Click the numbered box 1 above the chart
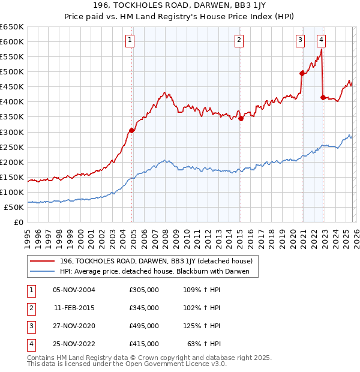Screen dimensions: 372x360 pos(130,40)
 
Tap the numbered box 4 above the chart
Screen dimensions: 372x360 pos(322,40)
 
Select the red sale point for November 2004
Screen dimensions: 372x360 pos(131,130)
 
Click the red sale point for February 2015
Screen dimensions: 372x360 pos(241,118)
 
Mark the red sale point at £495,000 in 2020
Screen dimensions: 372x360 pos(302,73)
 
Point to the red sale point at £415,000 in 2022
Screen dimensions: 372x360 pos(323,97)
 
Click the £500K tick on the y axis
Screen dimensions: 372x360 pos(13,72)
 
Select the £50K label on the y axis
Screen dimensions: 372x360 pos(14,207)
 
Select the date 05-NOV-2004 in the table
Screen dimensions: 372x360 pos(74,290)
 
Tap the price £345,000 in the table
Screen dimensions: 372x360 pos(144,308)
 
